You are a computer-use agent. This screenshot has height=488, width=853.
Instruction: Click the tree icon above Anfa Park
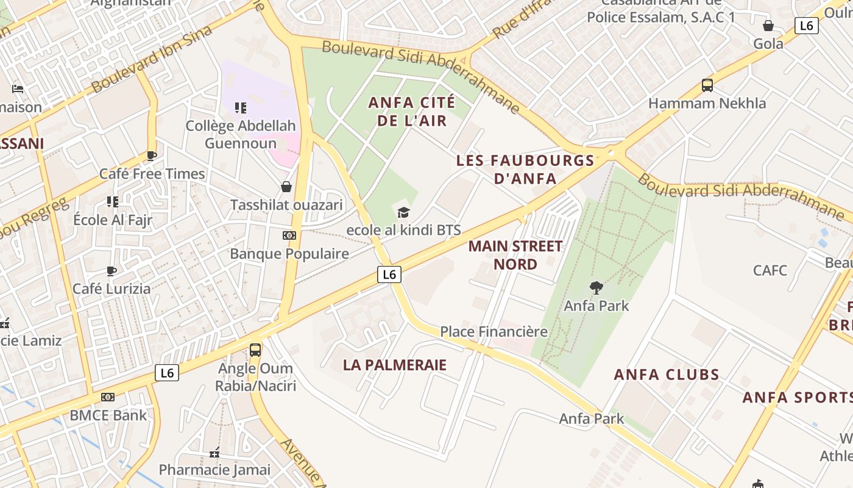point(596,287)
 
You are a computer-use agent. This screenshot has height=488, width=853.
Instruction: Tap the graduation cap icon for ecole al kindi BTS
point(403,212)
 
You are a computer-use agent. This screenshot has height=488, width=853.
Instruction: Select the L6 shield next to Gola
point(806,25)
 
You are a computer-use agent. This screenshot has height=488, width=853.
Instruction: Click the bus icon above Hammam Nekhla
point(707,85)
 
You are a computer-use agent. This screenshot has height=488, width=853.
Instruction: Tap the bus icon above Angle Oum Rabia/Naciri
point(255,350)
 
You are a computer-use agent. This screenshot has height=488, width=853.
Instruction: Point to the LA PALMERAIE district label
point(394,365)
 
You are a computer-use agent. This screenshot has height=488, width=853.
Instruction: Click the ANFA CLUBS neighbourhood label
point(667,375)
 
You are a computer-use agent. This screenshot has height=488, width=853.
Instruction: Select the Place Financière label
point(494,332)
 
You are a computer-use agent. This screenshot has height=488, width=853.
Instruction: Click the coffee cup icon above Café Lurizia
point(111,271)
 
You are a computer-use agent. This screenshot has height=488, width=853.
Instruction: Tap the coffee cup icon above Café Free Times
point(152,156)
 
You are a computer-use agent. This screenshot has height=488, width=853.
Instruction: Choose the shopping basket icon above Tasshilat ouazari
point(286,187)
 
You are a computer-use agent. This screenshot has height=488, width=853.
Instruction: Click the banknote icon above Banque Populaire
point(289,235)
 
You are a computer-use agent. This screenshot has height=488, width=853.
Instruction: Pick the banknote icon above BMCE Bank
point(108,397)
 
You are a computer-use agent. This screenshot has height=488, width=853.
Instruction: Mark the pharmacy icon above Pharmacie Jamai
point(214,453)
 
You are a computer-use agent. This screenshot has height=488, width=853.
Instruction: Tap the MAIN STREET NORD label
point(515,255)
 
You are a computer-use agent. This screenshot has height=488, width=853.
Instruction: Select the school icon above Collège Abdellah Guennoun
point(241,108)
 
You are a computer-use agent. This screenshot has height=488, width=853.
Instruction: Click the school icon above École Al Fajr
point(113,201)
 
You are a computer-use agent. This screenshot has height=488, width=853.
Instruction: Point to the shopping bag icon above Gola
point(768,26)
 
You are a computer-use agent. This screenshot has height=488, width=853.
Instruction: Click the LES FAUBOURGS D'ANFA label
point(525,170)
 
